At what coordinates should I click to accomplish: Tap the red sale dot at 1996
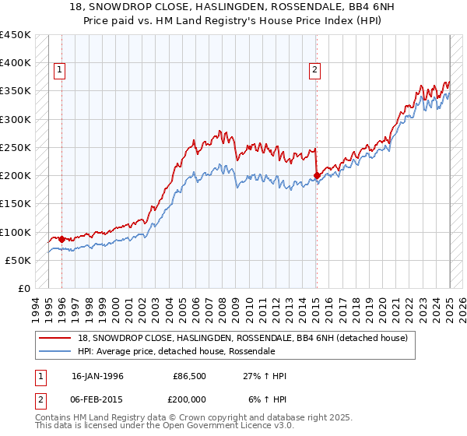click(61, 239)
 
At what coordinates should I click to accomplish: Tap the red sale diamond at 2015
click(317, 175)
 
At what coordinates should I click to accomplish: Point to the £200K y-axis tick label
click(16, 176)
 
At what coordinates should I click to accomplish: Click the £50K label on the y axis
click(19, 261)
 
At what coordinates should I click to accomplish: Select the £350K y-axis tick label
click(16, 91)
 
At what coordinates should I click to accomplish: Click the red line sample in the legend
click(55, 337)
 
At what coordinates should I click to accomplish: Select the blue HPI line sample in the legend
click(55, 351)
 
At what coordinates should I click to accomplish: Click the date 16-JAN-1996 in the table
click(97, 376)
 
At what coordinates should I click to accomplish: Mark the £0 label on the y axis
click(24, 289)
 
